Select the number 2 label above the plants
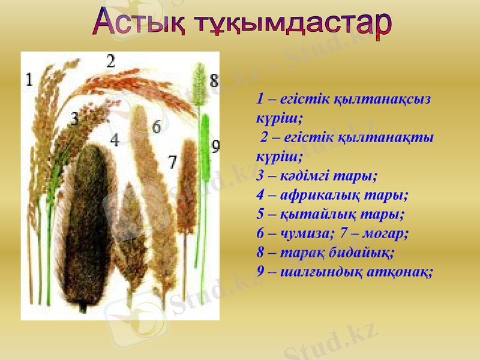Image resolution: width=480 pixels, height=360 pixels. pos(110,61)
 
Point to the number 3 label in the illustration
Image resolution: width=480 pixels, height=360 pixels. pos(74,119)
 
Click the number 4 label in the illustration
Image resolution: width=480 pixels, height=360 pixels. pos(114,140)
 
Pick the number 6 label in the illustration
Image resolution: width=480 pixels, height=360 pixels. pos(157,127)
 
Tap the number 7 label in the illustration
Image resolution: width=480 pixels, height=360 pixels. pos(172,161)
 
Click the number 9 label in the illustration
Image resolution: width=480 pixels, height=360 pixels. pos(215,146)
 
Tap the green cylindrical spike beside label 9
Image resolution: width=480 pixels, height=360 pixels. pos(205,150)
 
